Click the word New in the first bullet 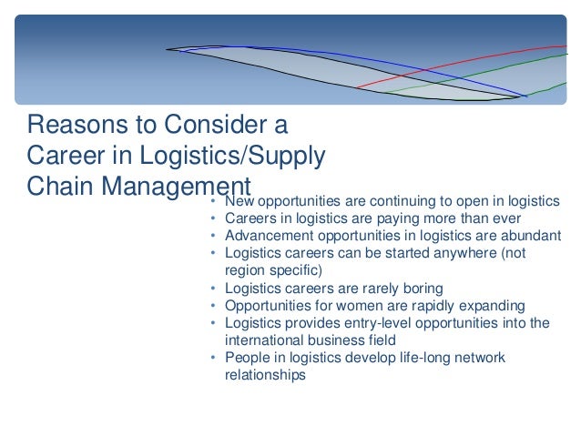[240, 201]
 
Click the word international [264, 340]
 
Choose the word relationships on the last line [265, 374]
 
